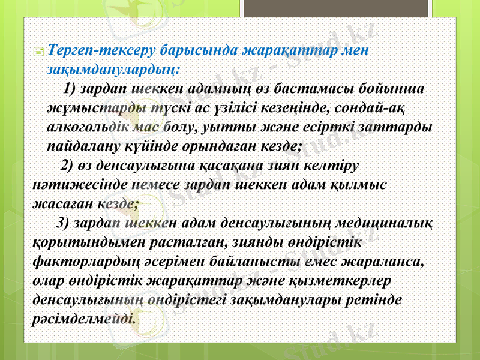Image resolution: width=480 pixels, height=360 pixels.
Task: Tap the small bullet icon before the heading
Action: click(x=38, y=52)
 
